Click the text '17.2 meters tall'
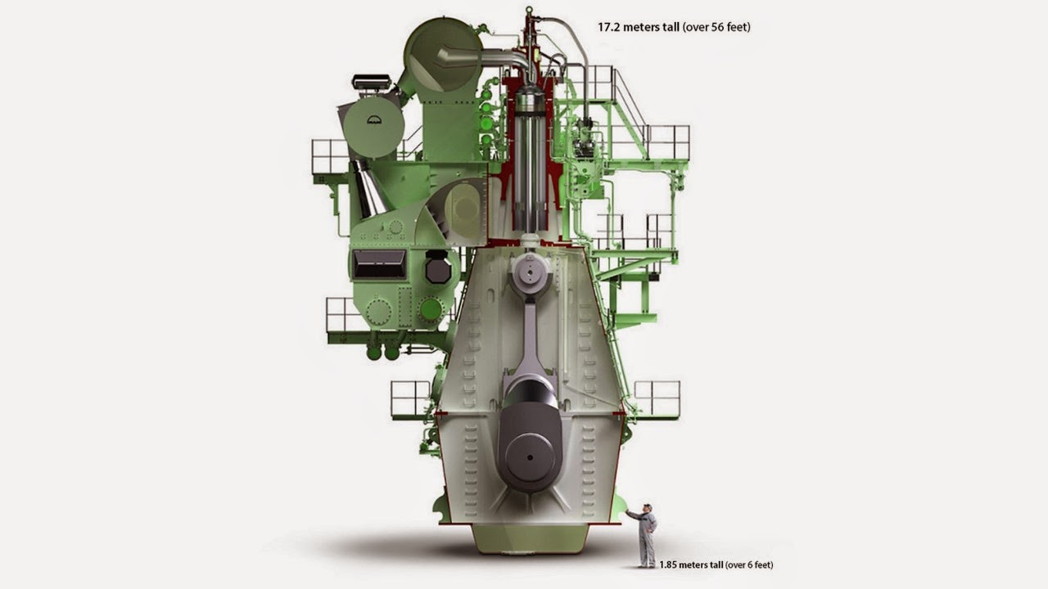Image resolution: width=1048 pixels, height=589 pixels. (x=638, y=27)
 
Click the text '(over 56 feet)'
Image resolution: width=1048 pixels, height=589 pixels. (x=716, y=27)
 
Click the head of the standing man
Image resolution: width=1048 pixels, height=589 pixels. (x=647, y=508)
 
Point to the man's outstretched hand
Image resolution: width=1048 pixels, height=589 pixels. (x=628, y=512)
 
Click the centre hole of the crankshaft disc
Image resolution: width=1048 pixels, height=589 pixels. (x=530, y=457)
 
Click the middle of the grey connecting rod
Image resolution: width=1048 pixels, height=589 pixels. (x=530, y=336)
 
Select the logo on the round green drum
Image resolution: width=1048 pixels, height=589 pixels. (x=374, y=119)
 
